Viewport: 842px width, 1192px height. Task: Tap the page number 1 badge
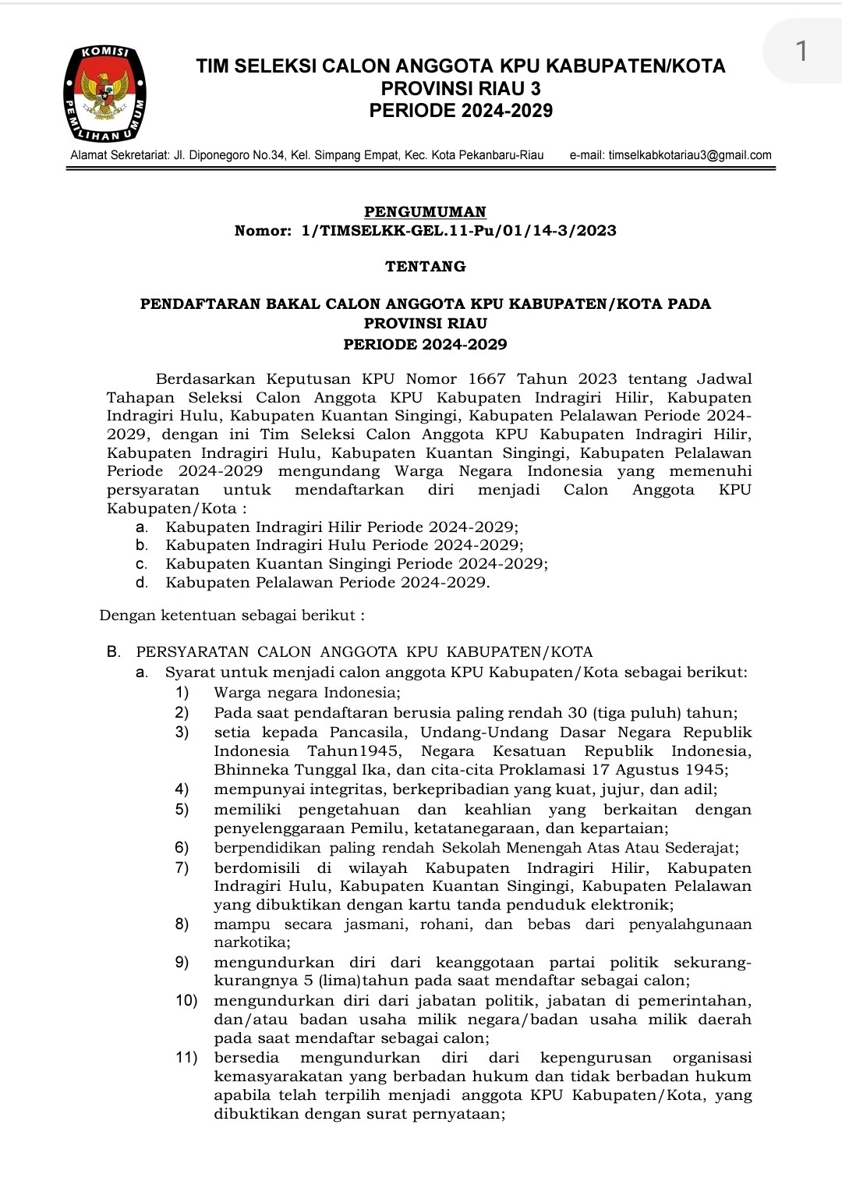pos(801,51)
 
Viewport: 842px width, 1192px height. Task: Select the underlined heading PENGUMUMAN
pos(425,211)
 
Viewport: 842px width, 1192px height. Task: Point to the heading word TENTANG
pos(425,266)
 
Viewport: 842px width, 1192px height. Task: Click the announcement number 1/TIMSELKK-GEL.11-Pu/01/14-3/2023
pos(458,230)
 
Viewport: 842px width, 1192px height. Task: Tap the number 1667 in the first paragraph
pos(483,379)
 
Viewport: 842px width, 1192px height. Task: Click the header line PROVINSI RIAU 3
pos(461,88)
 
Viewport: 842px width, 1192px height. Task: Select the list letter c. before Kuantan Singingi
pos(141,564)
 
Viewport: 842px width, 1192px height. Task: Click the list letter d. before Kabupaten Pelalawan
pos(141,583)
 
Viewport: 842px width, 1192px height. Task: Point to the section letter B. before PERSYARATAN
pos(113,651)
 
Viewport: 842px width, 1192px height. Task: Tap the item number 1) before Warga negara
pos(182,693)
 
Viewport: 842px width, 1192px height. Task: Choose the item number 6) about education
pos(182,848)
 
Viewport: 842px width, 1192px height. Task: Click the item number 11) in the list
pos(186,1058)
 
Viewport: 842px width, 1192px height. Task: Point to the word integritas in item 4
pos(344,789)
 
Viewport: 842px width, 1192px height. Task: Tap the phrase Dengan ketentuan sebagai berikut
pos(232,616)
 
